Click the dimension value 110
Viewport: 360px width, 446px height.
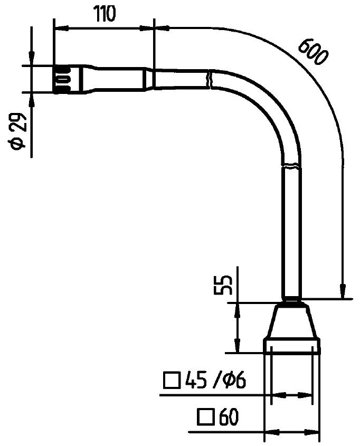105,14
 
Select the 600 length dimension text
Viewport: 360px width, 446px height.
311,51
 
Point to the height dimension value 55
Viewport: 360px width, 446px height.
226,284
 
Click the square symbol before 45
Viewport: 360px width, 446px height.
171,381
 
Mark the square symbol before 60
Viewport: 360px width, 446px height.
205,418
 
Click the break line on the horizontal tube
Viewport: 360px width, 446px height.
210,79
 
